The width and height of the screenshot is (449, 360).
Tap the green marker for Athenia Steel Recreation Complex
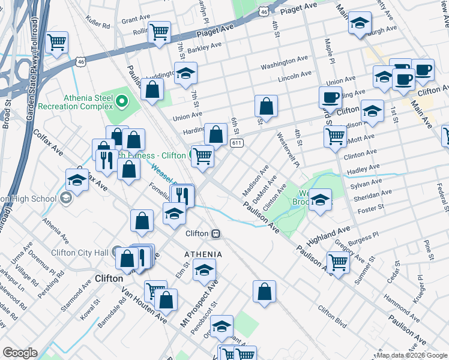click(x=122, y=100)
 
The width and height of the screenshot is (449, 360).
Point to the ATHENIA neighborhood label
click(x=203, y=254)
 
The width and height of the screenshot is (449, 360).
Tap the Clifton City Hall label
click(x=79, y=253)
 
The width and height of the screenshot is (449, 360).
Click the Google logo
click(x=20, y=353)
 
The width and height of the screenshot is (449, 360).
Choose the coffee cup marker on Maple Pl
click(x=329, y=97)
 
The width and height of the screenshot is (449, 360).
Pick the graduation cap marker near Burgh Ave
click(x=360, y=24)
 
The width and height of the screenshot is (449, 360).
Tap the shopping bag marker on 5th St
click(x=266, y=106)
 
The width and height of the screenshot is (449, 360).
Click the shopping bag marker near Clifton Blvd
click(x=264, y=292)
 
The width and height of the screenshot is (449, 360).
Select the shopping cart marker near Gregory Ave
click(x=338, y=262)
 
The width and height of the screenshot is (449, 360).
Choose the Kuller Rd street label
click(x=98, y=26)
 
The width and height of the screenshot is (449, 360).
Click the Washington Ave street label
click(x=284, y=62)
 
